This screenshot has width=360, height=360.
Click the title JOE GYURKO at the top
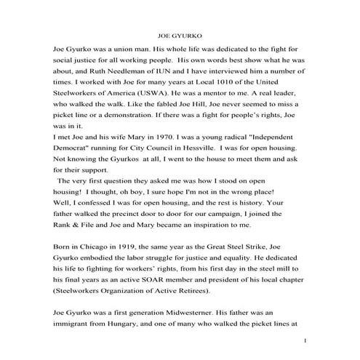(x=180, y=34)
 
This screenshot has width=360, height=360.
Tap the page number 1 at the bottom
(x=306, y=341)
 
